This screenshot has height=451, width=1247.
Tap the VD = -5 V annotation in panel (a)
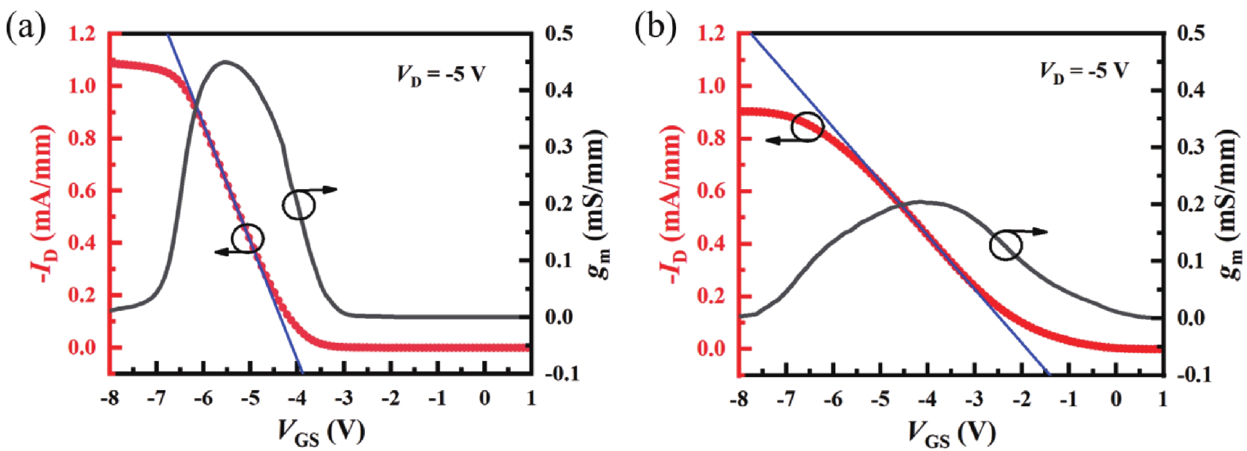(x=440, y=75)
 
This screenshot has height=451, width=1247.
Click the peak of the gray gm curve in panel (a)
(x=225, y=62)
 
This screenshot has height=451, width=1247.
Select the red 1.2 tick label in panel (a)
(x=83, y=35)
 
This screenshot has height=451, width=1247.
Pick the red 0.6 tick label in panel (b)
(x=712, y=192)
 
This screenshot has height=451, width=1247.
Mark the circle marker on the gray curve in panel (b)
(x=1005, y=246)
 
